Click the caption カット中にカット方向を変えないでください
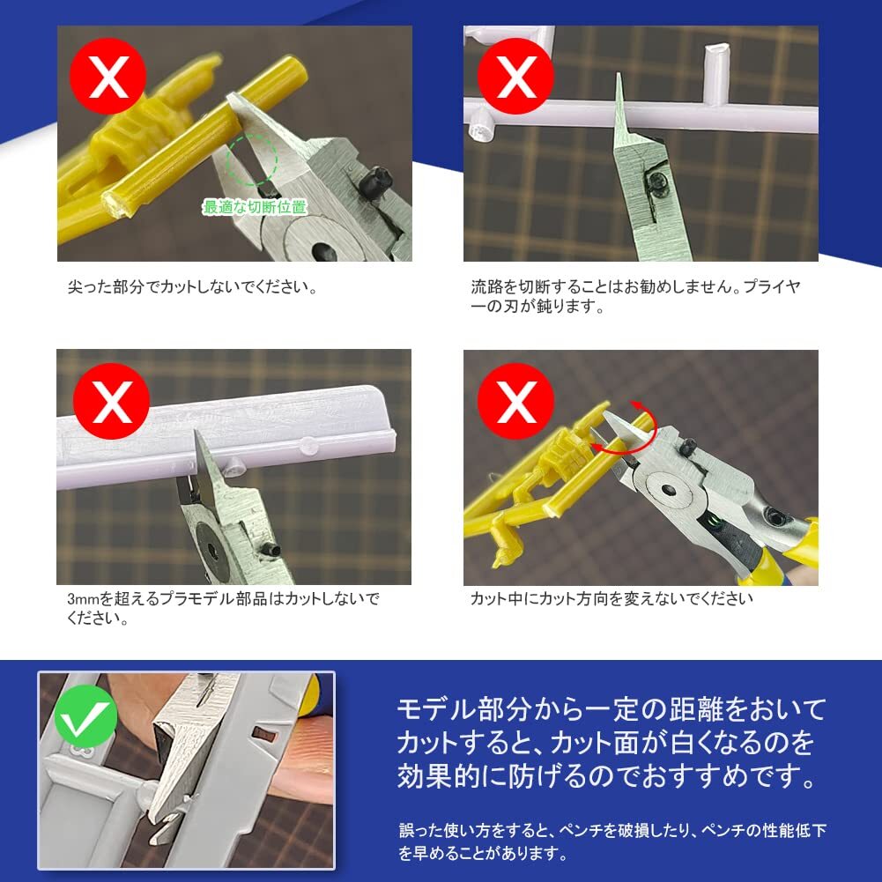coord(611,599)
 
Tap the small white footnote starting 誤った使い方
coord(611,841)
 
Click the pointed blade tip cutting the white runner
coord(618,83)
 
